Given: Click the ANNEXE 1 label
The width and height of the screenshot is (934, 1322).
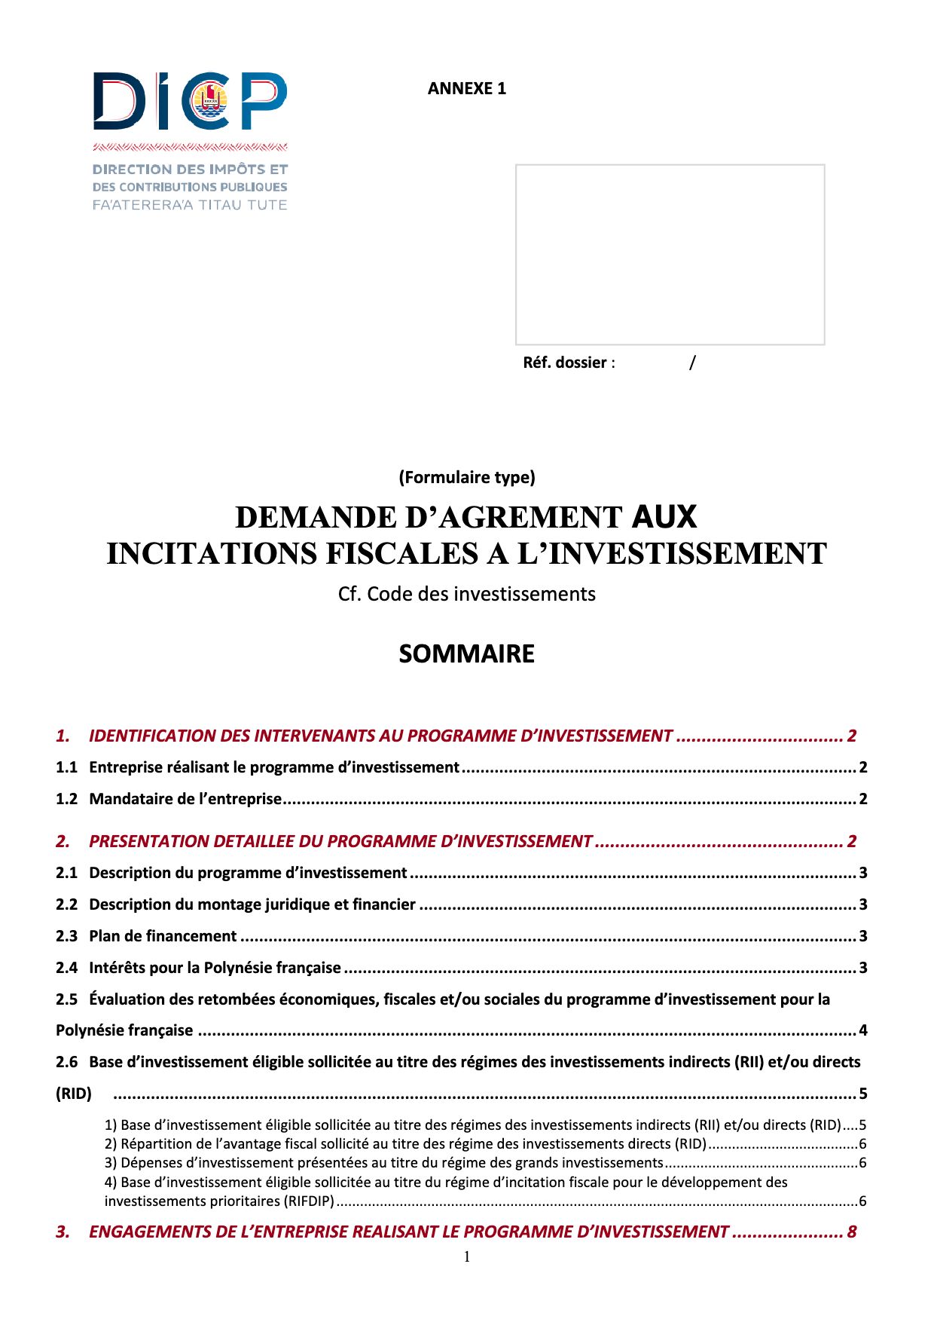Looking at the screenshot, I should point(466,89).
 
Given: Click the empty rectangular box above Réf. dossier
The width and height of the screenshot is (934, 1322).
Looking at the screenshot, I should point(670,254).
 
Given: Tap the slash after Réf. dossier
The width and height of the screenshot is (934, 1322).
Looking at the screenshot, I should point(692,363).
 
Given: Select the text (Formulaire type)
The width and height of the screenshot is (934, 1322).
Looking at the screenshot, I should point(467,477).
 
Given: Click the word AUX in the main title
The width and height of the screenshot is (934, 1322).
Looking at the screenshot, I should point(664,517).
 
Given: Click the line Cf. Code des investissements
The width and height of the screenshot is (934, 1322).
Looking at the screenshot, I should point(467,594).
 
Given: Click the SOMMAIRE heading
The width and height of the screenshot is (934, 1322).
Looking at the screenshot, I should point(467,653).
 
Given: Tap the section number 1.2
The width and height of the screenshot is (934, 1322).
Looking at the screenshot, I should point(66,799).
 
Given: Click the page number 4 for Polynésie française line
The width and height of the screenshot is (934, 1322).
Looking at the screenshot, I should point(863,1030).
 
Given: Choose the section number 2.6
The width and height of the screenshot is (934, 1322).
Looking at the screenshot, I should point(66,1062).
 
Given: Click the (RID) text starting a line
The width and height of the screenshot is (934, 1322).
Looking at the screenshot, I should point(74,1094).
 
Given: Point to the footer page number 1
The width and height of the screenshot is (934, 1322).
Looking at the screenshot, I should point(467,1256).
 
